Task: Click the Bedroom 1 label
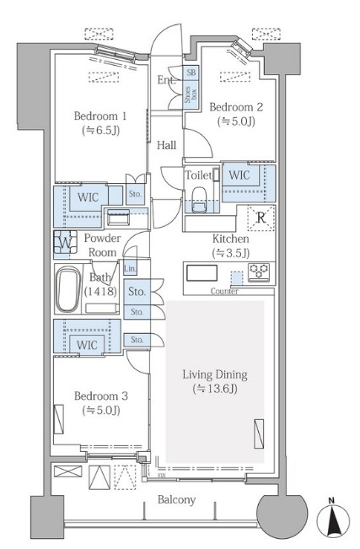coord(100,116)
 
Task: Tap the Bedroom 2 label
coord(236,107)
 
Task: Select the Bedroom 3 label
coord(101,396)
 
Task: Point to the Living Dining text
coord(215,375)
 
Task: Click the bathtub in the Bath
coord(68,289)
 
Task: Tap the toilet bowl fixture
coord(200,199)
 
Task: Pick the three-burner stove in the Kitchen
coord(259,272)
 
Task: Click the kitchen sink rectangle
coord(201,273)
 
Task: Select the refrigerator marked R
coord(261,218)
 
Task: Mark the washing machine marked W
coord(66,242)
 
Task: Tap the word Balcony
coord(176,499)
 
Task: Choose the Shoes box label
coord(191,95)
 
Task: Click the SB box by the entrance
coord(191,73)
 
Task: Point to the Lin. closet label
coord(130,269)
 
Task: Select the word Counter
coord(224,291)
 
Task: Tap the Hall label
coord(166,145)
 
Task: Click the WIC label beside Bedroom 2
coord(239,175)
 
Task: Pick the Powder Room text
coord(102,245)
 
